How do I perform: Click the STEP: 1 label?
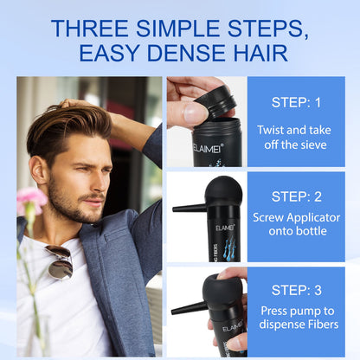coord(296,102)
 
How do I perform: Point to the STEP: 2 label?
coord(296,196)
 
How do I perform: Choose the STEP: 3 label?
coord(296,290)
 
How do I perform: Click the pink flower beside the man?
coord(30,200)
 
